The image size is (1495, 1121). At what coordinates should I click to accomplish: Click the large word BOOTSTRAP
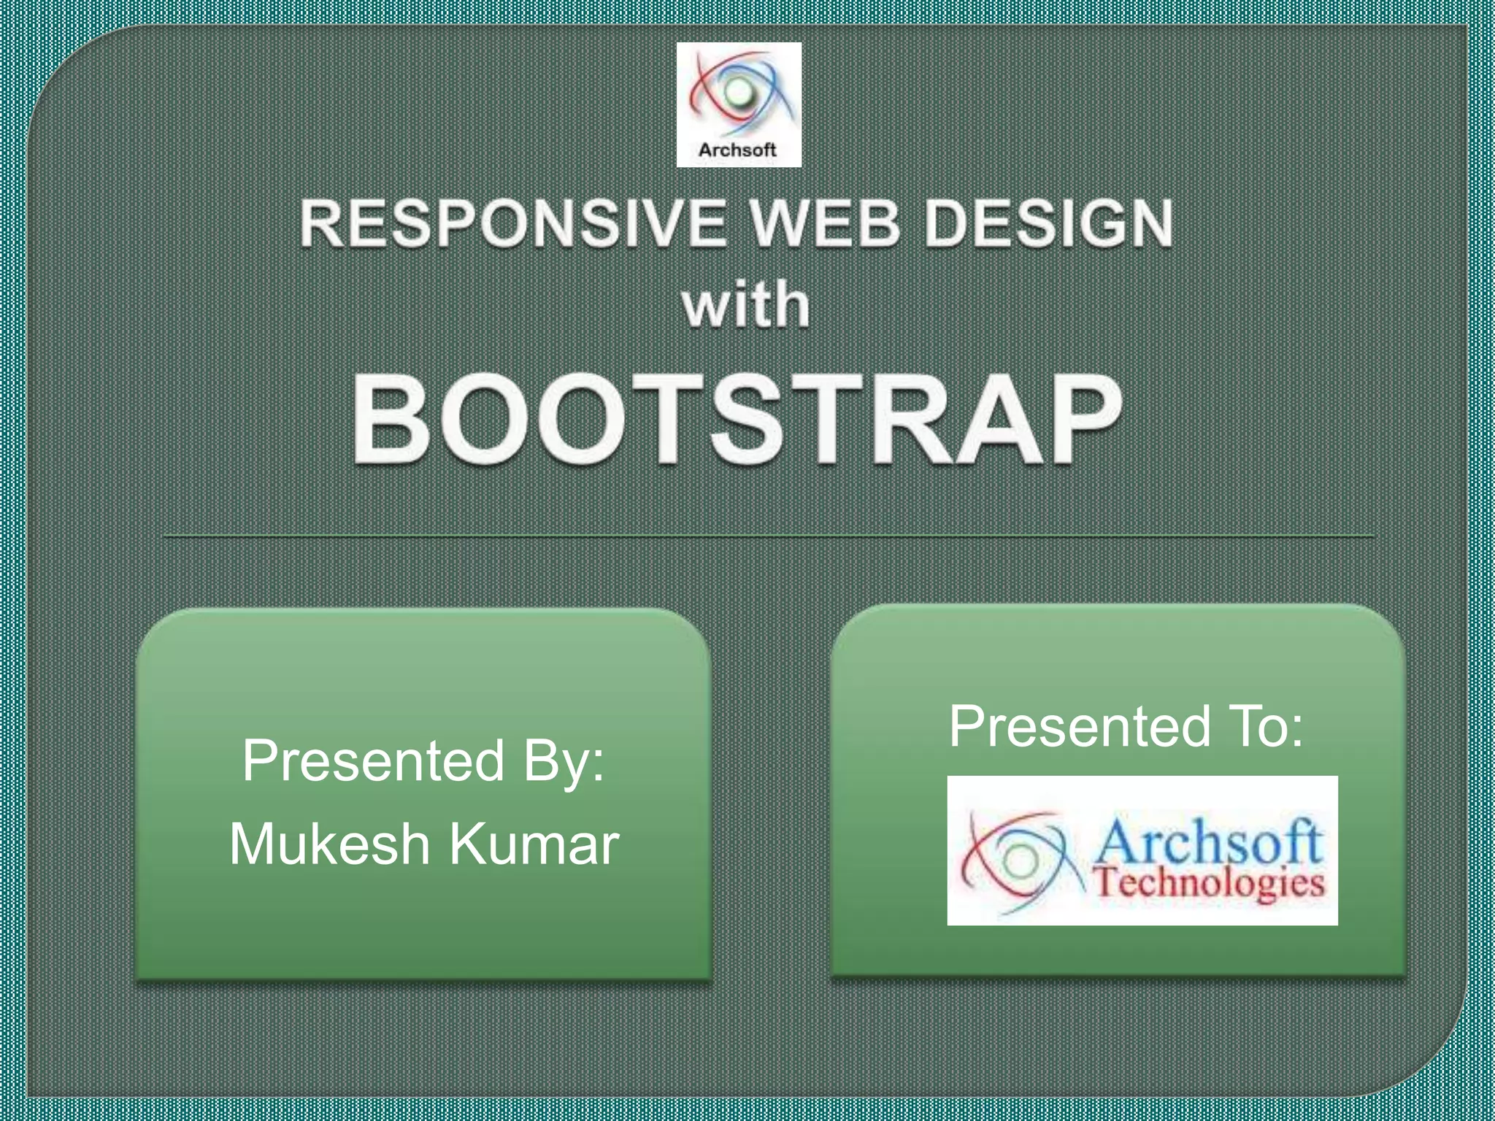(737, 421)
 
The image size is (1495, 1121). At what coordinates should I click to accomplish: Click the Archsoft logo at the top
(739, 104)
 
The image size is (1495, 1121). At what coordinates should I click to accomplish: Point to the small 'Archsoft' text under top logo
(737, 150)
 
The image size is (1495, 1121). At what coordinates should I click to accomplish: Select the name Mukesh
(330, 844)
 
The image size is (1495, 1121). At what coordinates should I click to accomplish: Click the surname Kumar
(534, 844)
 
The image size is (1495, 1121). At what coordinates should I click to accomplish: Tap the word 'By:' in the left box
(564, 761)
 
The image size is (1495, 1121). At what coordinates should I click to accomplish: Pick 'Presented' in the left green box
(374, 761)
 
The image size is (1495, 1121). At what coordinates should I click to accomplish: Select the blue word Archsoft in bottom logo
(1209, 841)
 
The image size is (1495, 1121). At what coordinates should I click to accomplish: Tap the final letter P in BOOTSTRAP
(1083, 421)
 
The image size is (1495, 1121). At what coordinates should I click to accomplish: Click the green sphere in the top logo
(739, 93)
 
